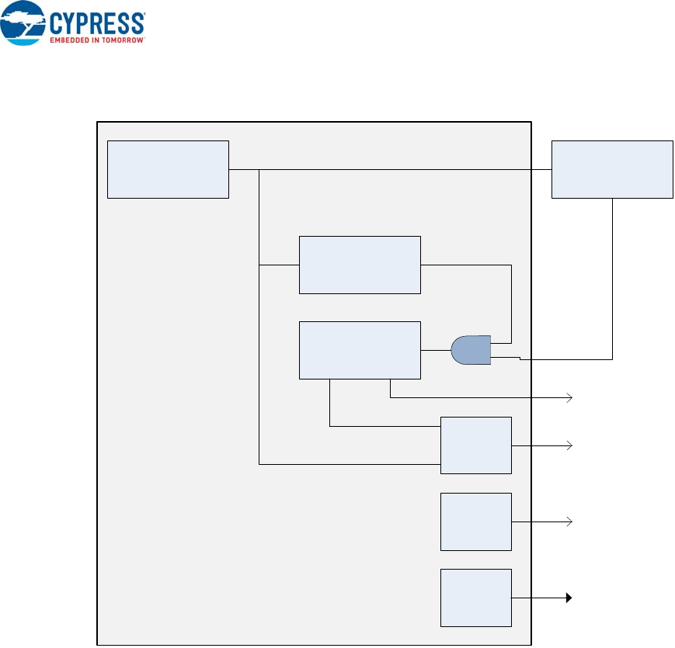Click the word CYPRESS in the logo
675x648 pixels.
(98, 22)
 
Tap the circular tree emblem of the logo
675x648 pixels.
(23, 23)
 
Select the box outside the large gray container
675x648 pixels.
(612, 169)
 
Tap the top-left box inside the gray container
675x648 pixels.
(168, 169)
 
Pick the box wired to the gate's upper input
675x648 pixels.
(360, 265)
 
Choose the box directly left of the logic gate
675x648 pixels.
(360, 350)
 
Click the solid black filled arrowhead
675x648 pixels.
(569, 598)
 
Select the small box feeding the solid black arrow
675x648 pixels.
(476, 598)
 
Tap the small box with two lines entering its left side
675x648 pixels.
(476, 445)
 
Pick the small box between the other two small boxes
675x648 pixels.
(476, 522)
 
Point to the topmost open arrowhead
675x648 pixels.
(570, 397)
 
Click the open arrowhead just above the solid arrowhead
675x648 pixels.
(570, 522)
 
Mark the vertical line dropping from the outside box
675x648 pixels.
(613, 279)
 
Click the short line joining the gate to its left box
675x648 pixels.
(436, 351)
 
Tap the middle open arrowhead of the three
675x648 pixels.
(570, 445)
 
